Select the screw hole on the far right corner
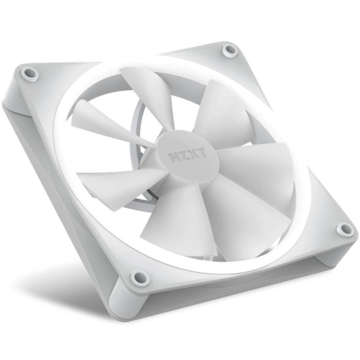click(x=344, y=229)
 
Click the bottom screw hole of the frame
click(x=139, y=278)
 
